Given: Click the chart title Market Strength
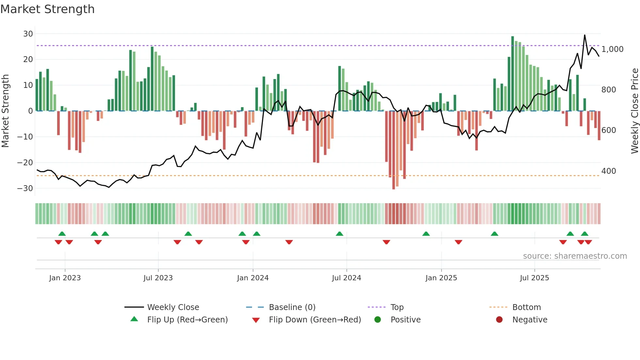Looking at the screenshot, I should [x=47, y=9].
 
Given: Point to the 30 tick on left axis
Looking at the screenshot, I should [x=28, y=34].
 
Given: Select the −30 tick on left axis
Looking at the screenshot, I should [x=25, y=188].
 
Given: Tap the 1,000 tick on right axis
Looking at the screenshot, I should [x=612, y=49].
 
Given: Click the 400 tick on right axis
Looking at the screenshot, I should [x=609, y=171].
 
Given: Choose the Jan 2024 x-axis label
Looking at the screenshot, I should [x=253, y=278].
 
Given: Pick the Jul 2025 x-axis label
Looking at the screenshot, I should [x=534, y=278].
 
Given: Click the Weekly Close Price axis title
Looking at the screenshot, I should [x=634, y=111].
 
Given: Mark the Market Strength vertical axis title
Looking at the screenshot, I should [x=5, y=111].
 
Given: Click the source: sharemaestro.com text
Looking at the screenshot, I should [x=575, y=256].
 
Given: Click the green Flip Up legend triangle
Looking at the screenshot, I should [x=134, y=319].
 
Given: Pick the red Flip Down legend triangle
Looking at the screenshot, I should [x=256, y=320].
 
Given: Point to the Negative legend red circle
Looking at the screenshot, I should [x=499, y=319].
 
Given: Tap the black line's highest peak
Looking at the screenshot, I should [x=584, y=35].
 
